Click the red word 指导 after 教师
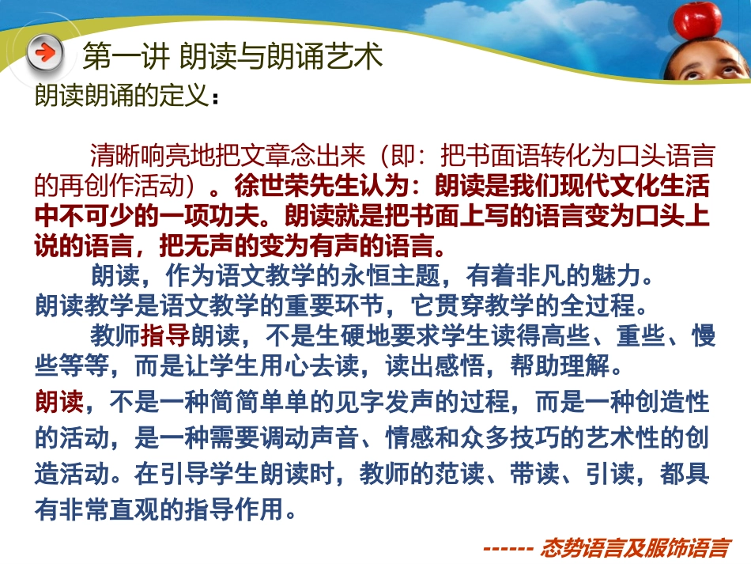(x=165, y=335)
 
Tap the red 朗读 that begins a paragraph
(x=58, y=403)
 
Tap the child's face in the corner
(x=706, y=59)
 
